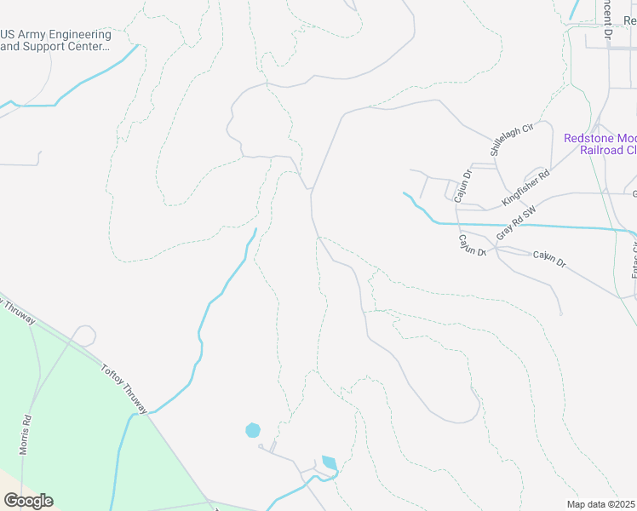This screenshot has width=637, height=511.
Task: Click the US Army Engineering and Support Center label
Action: click(55, 40)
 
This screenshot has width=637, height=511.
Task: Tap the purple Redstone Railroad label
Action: click(600, 143)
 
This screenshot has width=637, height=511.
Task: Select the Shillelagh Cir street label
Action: click(511, 138)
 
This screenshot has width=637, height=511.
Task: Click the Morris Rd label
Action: click(26, 434)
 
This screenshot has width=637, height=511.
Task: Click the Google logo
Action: click(28, 501)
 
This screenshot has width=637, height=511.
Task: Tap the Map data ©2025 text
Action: click(600, 504)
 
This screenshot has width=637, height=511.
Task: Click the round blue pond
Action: click(252, 430)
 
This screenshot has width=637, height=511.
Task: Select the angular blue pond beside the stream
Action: click(330, 463)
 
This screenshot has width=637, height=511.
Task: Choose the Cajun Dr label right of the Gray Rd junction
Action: click(549, 259)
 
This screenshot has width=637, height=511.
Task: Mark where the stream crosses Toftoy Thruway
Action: click(136, 413)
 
